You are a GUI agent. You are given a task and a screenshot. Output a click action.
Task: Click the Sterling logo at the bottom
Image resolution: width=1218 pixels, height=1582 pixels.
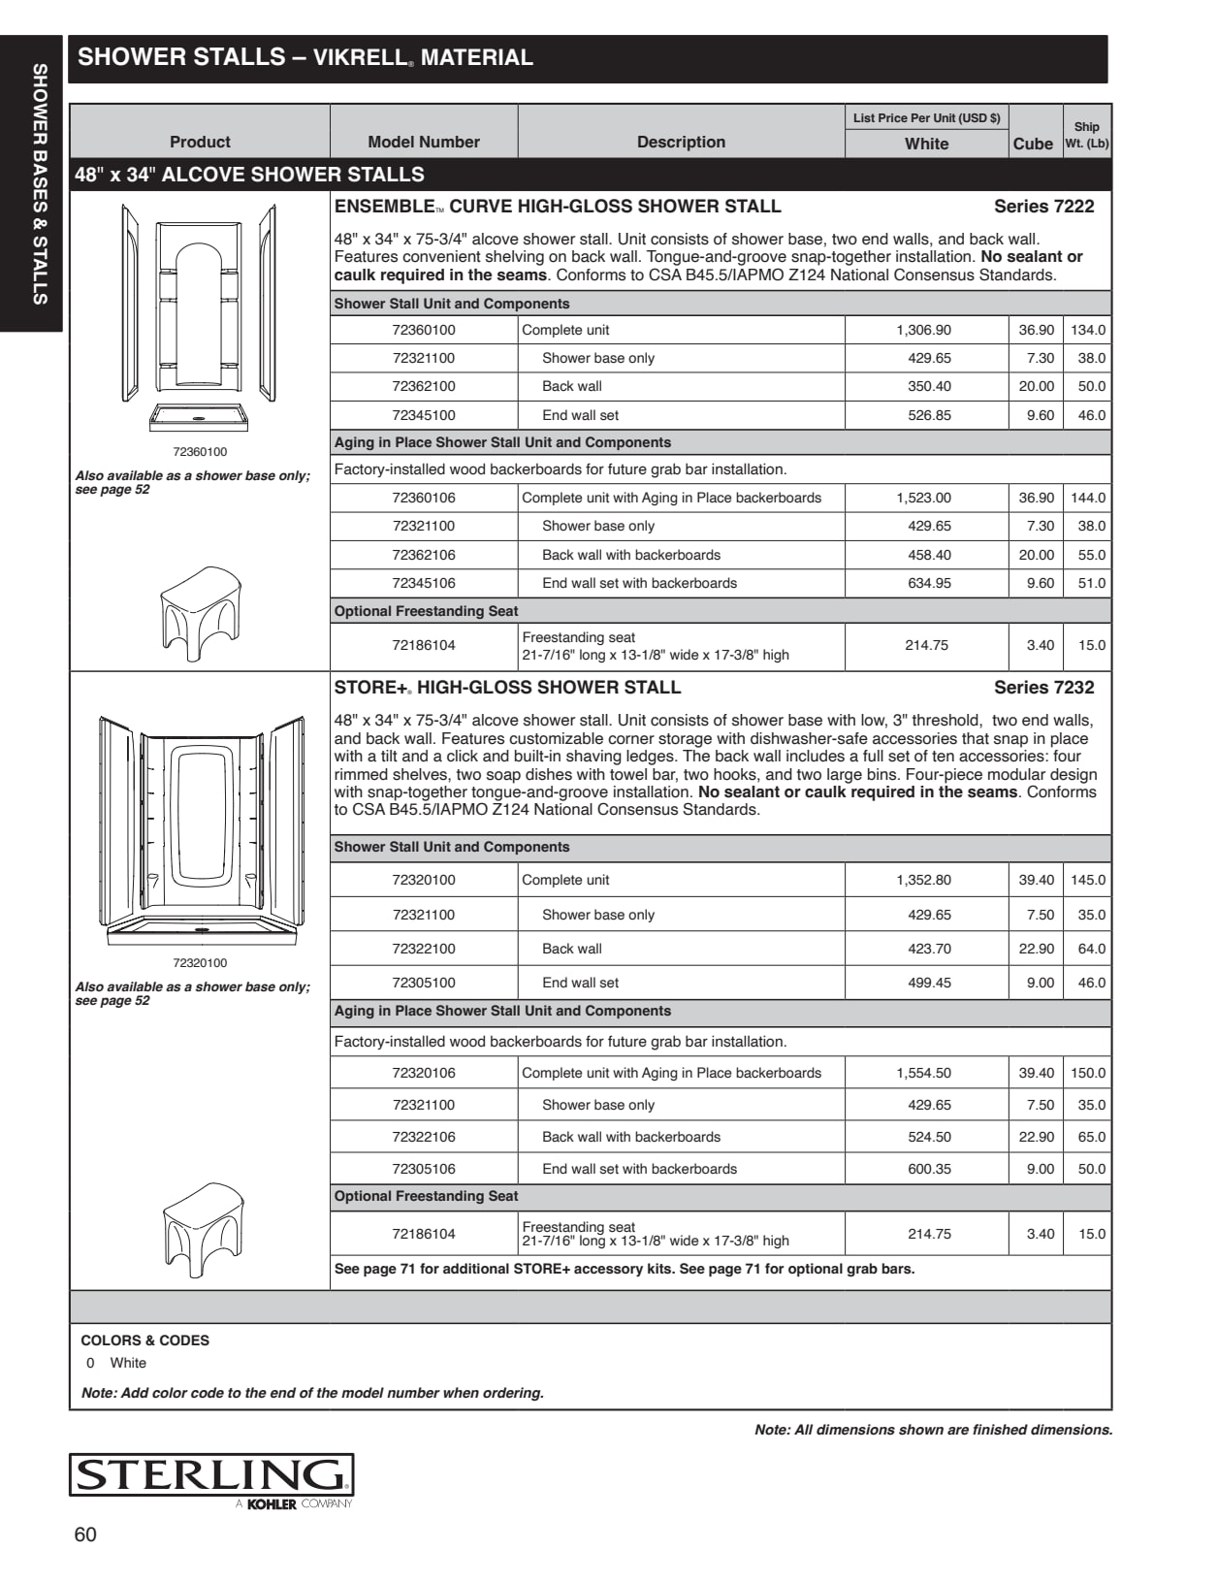[x=210, y=1475]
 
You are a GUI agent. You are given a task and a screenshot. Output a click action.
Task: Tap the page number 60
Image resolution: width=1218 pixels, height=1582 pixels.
[x=85, y=1534]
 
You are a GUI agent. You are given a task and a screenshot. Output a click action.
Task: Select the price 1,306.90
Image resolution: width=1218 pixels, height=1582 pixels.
[x=923, y=330]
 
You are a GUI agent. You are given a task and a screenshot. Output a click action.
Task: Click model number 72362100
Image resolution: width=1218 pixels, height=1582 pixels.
[x=424, y=386]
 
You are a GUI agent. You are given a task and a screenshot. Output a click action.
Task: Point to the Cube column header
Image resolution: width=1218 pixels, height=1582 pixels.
[x=1033, y=144]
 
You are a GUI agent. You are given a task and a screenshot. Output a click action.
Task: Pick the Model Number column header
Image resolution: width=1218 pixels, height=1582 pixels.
[x=424, y=142]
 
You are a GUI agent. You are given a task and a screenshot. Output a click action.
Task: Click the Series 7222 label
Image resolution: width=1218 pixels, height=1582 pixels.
[x=1043, y=207]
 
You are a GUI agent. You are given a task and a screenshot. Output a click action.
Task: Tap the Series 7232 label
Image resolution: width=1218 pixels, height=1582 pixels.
[x=1043, y=688]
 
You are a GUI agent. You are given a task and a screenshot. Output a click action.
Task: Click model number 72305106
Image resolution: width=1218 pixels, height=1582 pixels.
[x=424, y=1169]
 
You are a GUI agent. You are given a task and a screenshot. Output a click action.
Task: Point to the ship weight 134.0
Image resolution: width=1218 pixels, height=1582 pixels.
[x=1088, y=330]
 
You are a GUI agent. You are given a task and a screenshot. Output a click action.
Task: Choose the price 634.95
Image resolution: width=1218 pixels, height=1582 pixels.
[x=929, y=583]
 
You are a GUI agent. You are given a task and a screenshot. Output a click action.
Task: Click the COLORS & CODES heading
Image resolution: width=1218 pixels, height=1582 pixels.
[x=144, y=1340]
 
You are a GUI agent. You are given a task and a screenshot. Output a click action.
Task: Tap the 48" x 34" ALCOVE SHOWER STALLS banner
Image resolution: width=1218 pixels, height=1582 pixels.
[x=250, y=175]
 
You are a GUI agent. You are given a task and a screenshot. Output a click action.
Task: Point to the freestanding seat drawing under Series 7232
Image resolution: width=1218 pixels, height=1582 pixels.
[x=202, y=1229]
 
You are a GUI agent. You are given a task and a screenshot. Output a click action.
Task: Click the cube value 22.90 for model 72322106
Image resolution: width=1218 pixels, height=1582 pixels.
[x=1036, y=1137]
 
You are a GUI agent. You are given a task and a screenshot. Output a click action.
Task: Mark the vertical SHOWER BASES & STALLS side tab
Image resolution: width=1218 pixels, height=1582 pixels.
[x=40, y=184]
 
